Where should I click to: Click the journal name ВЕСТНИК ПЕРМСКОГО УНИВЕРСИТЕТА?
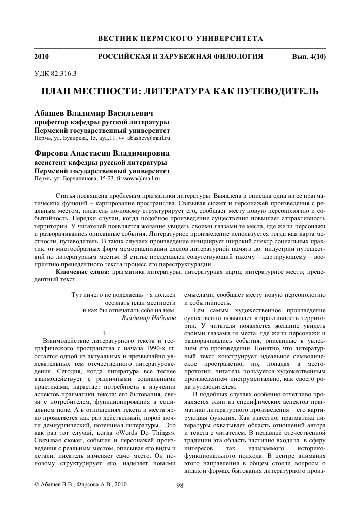click(x=180, y=39)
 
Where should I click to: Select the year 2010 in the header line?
click(x=42, y=56)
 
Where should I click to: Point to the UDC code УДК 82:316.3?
click(x=55, y=73)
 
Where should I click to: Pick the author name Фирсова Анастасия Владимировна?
click(x=102, y=153)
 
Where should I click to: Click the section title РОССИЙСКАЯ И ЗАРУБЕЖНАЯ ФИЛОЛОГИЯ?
click(x=181, y=56)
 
